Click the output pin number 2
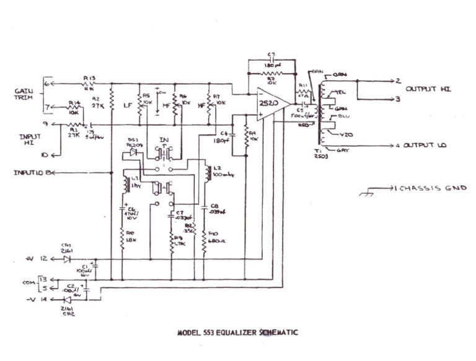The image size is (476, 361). (399, 80)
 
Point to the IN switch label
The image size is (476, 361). (164, 141)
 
